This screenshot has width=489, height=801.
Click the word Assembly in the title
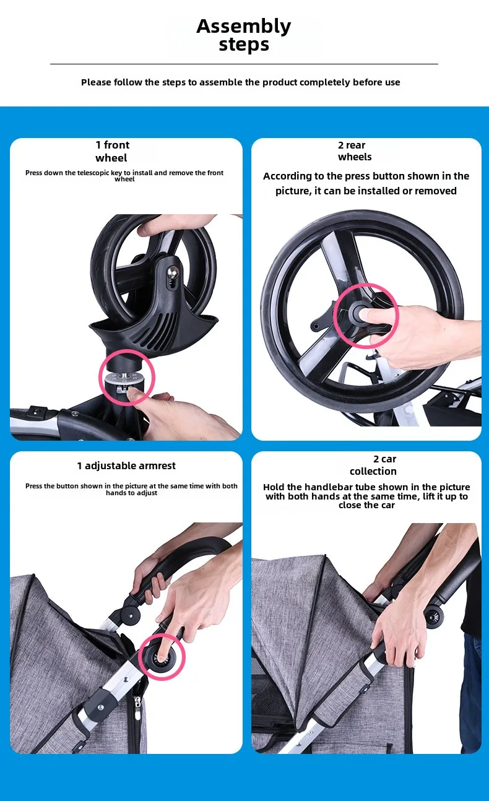(x=244, y=27)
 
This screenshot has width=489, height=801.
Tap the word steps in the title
(x=244, y=45)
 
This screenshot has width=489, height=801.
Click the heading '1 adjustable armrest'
(x=126, y=465)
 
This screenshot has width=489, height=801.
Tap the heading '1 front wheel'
(x=112, y=151)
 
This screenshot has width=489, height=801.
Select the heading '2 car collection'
(x=373, y=465)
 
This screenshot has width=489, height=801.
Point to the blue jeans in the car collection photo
(x=471, y=697)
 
